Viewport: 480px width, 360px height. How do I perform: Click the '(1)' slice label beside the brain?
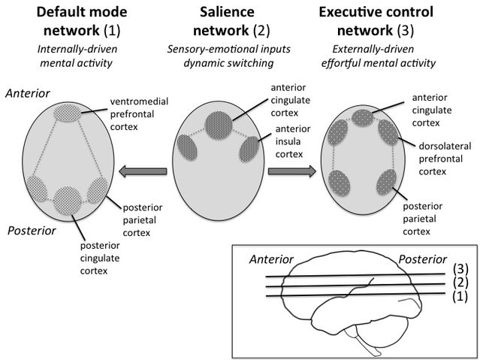(x=460, y=296)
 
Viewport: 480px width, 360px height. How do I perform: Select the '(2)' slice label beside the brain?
(x=460, y=283)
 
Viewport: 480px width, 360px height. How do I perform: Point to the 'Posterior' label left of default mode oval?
(x=32, y=231)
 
